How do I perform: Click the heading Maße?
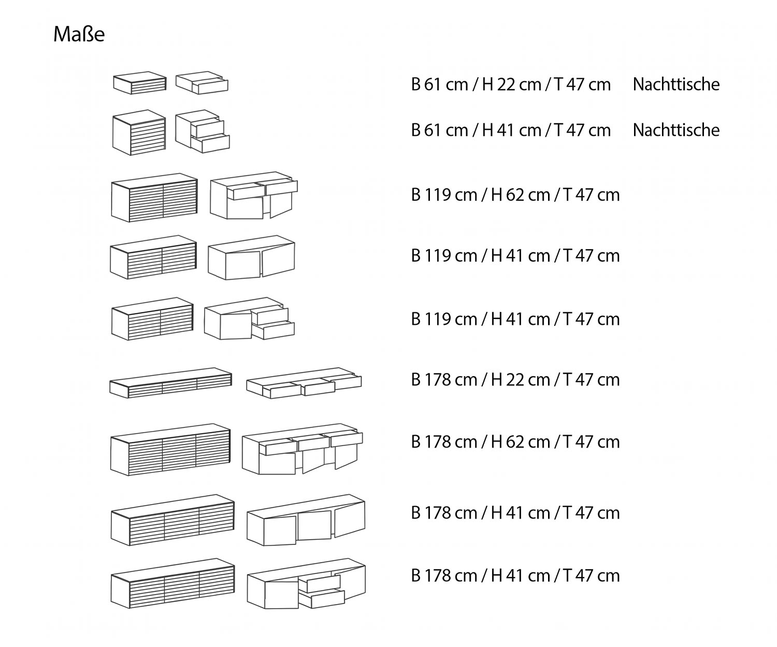click(x=79, y=34)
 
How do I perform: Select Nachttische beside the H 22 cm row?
click(x=676, y=84)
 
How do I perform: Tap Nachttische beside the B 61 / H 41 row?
click(x=676, y=131)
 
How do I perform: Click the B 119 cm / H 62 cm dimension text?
click(x=515, y=195)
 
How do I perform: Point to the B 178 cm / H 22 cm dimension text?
click(x=515, y=380)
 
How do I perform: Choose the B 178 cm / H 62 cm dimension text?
click(x=515, y=442)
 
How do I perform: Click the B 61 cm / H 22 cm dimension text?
click(x=511, y=84)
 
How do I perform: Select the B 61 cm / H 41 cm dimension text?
click(x=511, y=131)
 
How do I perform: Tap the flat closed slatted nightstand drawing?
click(x=139, y=83)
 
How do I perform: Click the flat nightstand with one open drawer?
click(x=202, y=83)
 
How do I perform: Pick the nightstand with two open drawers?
click(x=203, y=132)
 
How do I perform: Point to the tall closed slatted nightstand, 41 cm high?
click(x=139, y=132)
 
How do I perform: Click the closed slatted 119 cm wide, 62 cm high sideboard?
click(x=154, y=198)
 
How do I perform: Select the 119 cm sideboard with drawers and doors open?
click(x=254, y=195)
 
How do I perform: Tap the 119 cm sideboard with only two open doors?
click(x=251, y=257)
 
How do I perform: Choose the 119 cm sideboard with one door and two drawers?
click(x=249, y=318)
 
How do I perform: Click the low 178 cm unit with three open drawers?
click(x=304, y=383)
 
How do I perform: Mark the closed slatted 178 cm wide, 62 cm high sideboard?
click(x=170, y=449)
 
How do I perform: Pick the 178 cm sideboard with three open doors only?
click(x=306, y=520)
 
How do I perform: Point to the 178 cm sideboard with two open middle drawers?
click(x=306, y=583)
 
